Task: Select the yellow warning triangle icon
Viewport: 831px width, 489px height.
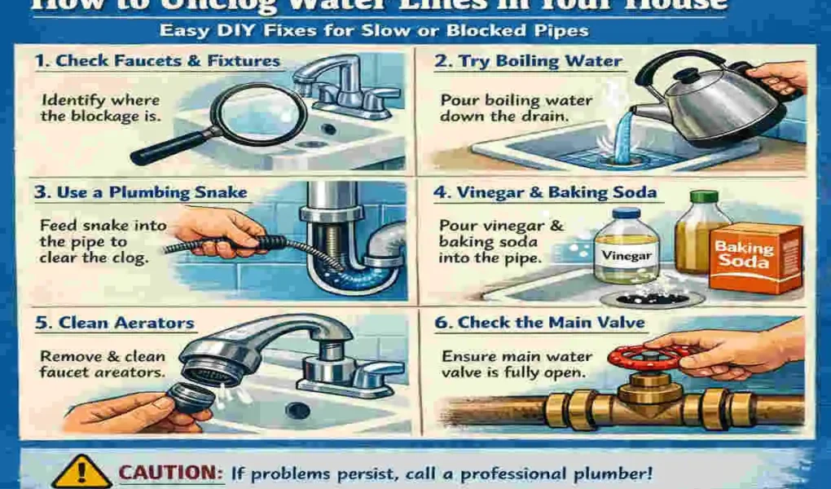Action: coord(81,472)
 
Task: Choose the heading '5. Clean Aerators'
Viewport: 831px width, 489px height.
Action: coord(114,323)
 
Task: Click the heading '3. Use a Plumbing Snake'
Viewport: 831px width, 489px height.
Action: coord(141,193)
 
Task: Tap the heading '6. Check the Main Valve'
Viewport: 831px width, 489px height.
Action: coord(539,323)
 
